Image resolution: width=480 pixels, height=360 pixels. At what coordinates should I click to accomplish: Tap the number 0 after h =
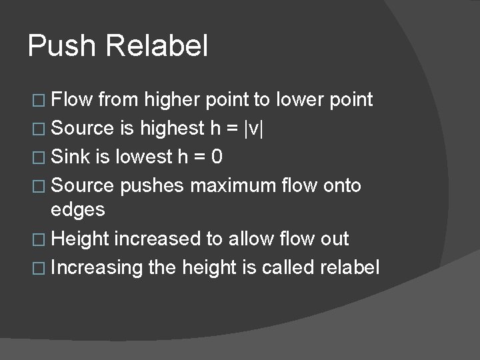[217, 157]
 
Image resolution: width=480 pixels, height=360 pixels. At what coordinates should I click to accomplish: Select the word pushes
[152, 185]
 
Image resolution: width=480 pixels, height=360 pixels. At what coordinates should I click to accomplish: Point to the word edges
[78, 210]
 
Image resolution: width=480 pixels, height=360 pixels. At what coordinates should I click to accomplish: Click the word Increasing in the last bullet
[97, 267]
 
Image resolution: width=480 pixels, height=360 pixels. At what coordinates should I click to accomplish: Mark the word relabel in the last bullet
[351, 267]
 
